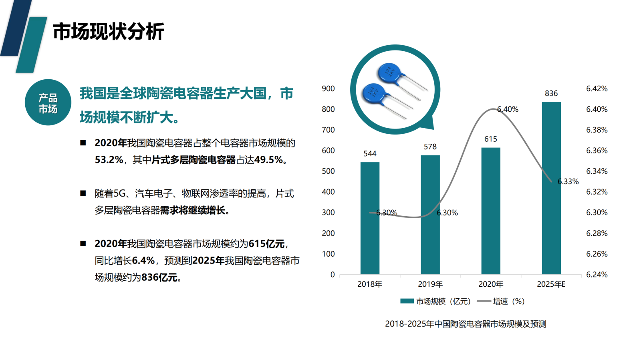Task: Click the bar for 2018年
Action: click(x=370, y=218)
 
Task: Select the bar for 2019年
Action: click(x=430, y=215)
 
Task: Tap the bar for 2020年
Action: click(x=491, y=211)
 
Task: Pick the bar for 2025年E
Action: click(x=551, y=188)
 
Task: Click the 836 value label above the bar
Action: click(x=551, y=93)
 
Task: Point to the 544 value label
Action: click(x=370, y=153)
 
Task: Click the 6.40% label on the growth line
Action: click(x=508, y=109)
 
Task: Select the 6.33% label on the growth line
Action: click(x=568, y=181)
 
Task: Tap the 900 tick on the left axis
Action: click(x=328, y=88)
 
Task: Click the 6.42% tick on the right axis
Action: click(x=597, y=88)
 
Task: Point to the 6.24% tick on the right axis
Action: click(x=597, y=274)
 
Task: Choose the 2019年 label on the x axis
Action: click(x=430, y=284)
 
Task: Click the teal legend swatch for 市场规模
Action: click(x=407, y=301)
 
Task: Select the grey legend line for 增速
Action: click(x=484, y=301)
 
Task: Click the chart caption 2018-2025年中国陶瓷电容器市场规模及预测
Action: click(x=466, y=324)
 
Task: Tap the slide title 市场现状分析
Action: click(x=109, y=32)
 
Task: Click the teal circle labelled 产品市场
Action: click(x=48, y=103)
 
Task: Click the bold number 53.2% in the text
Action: click(x=109, y=160)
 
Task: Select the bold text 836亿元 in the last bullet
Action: click(x=159, y=278)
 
